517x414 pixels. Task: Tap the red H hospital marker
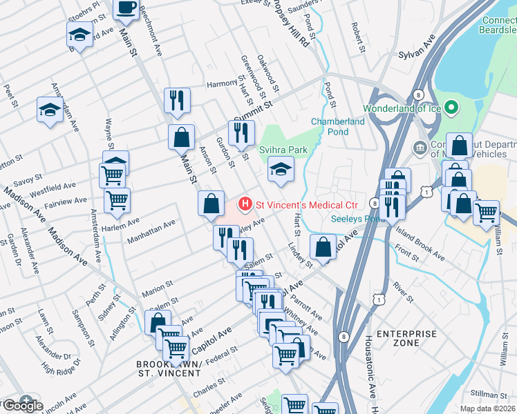(244, 204)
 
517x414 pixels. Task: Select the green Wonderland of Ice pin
(451, 108)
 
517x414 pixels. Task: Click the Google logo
(22, 405)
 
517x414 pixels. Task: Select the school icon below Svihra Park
(281, 168)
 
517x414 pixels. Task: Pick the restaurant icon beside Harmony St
(177, 99)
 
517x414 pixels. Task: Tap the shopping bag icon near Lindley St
(323, 246)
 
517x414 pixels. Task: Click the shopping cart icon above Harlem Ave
(117, 200)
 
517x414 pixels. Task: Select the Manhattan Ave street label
(151, 232)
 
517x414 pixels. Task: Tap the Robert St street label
(357, 37)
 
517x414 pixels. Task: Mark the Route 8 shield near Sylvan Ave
(418, 94)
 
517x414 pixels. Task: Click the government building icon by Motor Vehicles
(420, 148)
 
